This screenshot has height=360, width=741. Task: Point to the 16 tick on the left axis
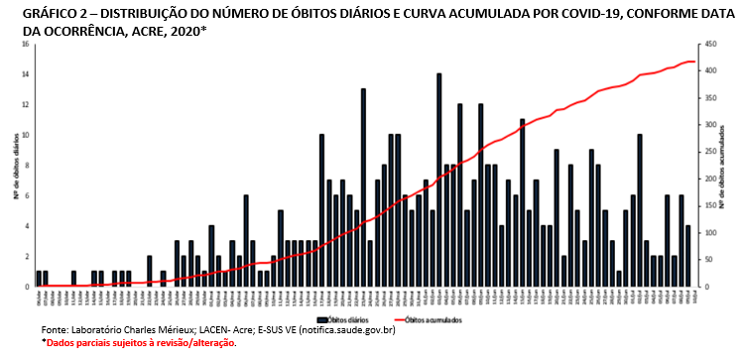[x=25, y=45]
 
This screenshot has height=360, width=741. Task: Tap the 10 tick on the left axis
[x=25, y=135]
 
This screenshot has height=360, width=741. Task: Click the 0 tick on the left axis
[x=27, y=286]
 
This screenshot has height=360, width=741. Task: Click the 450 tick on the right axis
[x=707, y=45]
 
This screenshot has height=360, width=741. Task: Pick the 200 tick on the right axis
[x=707, y=179]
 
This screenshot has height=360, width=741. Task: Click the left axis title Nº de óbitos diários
[x=13, y=166]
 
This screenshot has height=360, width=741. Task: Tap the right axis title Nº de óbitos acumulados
[x=723, y=166]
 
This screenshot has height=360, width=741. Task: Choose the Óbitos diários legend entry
[x=342, y=318]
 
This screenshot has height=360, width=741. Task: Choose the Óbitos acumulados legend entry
[x=416, y=318]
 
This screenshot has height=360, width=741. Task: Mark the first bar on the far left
[x=39, y=279]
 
